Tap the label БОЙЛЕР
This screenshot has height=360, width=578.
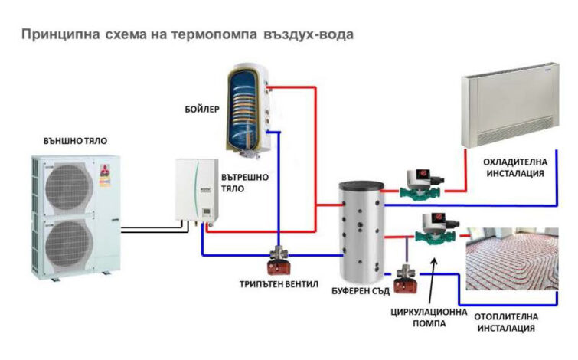(202, 110)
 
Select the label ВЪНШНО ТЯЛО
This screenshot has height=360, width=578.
(75, 141)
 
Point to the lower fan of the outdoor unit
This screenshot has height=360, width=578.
(69, 244)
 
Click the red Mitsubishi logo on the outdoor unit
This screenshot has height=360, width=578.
(104, 170)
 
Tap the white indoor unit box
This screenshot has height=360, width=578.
(197, 190)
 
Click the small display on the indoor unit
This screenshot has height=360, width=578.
(206, 212)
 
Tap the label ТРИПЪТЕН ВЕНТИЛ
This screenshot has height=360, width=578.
(279, 284)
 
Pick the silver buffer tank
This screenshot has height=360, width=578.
(361, 231)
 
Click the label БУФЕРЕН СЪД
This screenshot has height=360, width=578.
(361, 291)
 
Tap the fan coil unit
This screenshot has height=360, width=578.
(511, 104)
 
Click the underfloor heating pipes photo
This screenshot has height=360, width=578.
(512, 259)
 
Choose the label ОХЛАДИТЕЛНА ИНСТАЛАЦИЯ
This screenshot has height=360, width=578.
(515, 168)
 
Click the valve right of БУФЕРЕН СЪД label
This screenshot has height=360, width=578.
(405, 279)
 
